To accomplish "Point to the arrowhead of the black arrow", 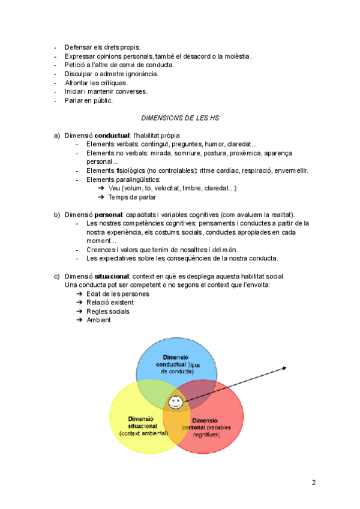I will (x=285, y=368).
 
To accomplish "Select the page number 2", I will (x=313, y=482).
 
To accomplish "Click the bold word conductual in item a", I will (x=112, y=136).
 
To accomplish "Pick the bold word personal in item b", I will (x=109, y=214).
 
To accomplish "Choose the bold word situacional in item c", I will (x=112, y=276).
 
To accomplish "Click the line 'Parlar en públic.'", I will (x=88, y=100).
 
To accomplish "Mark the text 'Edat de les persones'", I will (x=118, y=294).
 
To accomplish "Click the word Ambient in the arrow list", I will (x=98, y=320).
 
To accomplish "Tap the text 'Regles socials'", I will (x=108, y=312).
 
